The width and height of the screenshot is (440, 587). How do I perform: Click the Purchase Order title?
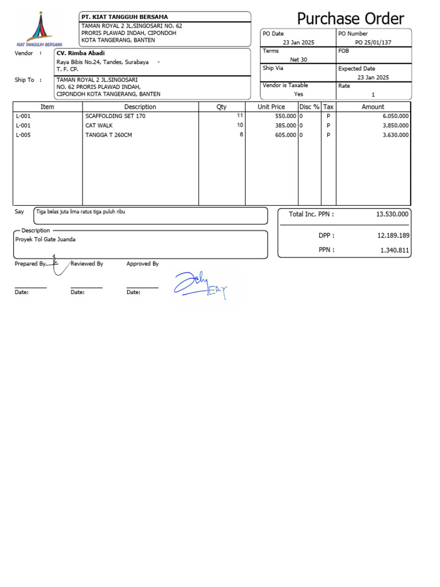(x=351, y=18)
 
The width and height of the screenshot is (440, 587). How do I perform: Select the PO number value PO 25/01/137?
(x=373, y=42)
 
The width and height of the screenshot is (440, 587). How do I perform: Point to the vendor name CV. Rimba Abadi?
(x=81, y=53)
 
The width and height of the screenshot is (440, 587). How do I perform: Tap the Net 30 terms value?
(x=298, y=60)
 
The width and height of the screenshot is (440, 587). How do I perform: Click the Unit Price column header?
(x=271, y=107)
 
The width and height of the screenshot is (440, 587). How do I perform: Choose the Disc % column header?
(x=309, y=107)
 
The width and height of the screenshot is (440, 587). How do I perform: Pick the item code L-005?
(x=23, y=135)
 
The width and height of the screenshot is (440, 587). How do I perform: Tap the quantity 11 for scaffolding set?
(x=240, y=115)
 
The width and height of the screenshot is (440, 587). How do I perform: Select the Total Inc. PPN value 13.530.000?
(x=392, y=214)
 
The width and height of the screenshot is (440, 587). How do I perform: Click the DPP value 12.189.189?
(x=392, y=236)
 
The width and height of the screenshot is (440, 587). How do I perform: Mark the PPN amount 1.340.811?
(x=395, y=250)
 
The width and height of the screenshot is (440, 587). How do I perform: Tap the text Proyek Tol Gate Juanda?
(x=45, y=239)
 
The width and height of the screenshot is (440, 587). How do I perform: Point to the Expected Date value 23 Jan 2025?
(x=373, y=77)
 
